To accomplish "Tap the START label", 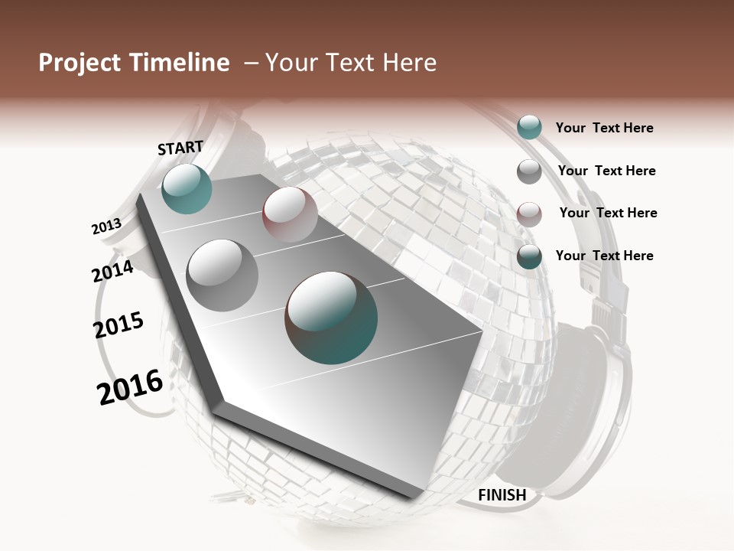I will click(x=180, y=148).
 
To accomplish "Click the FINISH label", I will click(x=502, y=495).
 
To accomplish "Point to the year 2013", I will click(x=106, y=227).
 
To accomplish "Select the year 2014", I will click(x=112, y=271).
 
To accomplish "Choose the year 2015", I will click(x=119, y=325).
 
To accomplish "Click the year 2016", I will click(x=130, y=388).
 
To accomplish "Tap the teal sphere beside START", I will click(x=187, y=188).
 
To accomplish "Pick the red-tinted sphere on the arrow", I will click(x=290, y=214).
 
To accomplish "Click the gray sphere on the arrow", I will click(x=222, y=275).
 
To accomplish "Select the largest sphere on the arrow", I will click(x=331, y=317).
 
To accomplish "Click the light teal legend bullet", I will click(x=529, y=128).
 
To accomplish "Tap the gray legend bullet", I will click(x=529, y=171).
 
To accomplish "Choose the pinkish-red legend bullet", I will click(x=529, y=214).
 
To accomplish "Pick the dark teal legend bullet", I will click(x=529, y=256).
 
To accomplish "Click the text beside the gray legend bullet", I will click(x=606, y=171).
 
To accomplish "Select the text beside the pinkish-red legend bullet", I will click(x=608, y=213).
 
